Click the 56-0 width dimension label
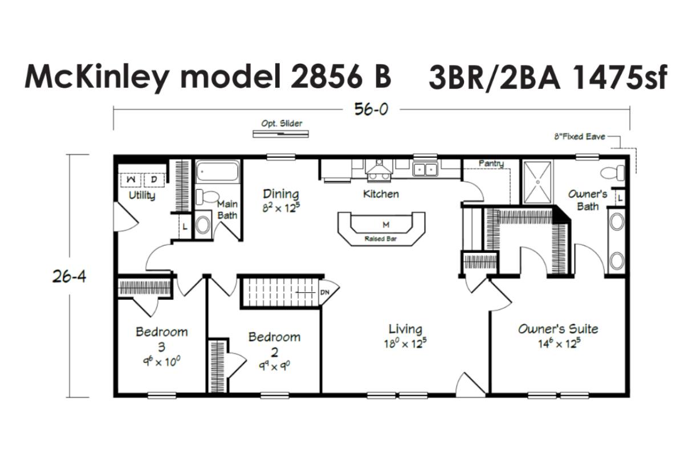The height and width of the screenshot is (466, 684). click(371, 109)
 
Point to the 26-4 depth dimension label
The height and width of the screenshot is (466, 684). click(70, 277)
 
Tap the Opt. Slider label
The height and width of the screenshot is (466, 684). click(282, 123)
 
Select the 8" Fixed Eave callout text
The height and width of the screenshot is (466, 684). click(580, 136)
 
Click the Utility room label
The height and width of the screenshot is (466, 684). click(142, 195)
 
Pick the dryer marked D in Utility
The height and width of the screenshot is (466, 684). click(154, 179)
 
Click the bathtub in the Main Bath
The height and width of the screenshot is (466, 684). click(217, 171)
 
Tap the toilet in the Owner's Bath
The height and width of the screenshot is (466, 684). click(613, 173)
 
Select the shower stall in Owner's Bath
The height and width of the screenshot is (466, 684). click(538, 182)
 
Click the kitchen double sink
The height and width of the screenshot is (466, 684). click(425, 169)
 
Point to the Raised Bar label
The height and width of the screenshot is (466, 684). click(381, 239)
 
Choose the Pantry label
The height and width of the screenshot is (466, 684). click(491, 163)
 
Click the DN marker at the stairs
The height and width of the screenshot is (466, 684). click(325, 292)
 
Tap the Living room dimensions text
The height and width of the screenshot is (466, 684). click(405, 344)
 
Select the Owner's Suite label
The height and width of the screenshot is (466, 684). click(558, 329)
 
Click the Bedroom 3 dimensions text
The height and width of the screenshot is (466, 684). click(161, 362)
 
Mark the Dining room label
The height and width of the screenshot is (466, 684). click(281, 194)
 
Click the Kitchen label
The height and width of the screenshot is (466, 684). click(381, 194)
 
